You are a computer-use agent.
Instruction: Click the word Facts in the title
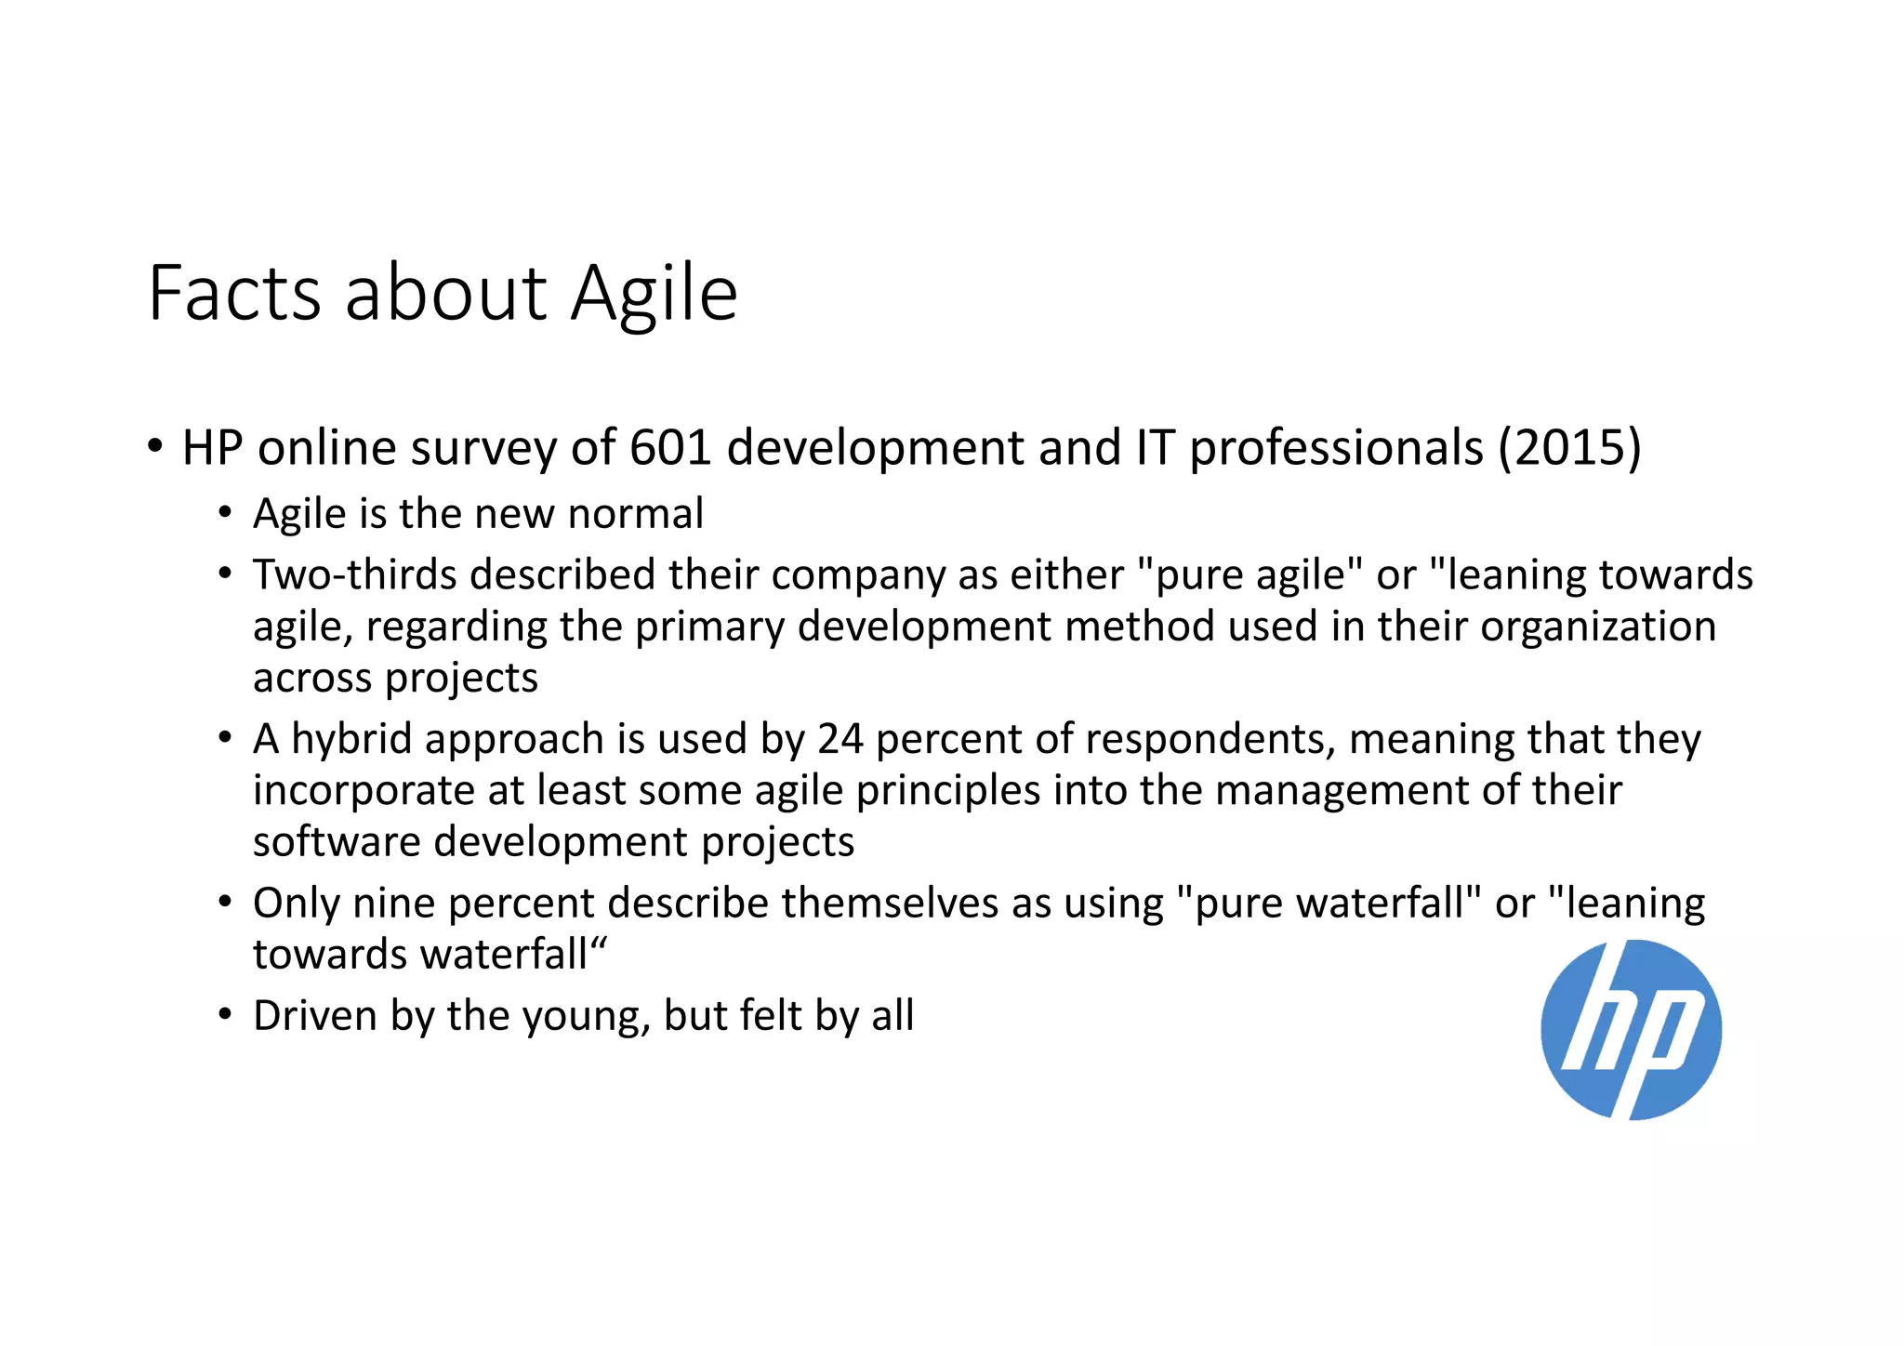point(235,293)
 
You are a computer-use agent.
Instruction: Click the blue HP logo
point(1631,1030)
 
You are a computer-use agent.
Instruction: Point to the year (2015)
point(1569,447)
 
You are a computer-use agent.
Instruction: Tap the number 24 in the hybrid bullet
point(840,739)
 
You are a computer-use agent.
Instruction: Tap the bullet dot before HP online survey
point(155,445)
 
